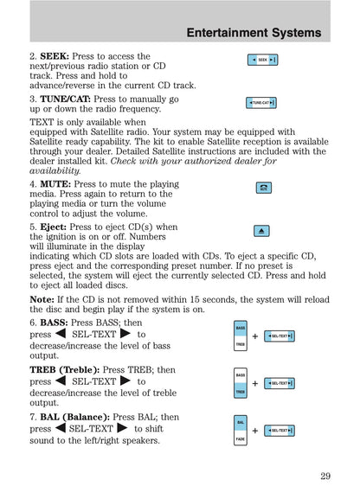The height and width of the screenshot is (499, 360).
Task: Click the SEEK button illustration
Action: coord(262,60)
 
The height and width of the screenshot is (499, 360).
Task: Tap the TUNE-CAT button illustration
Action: coord(260,103)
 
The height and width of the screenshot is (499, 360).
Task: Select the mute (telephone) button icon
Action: coord(263,188)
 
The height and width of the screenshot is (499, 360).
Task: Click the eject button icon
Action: coord(263,230)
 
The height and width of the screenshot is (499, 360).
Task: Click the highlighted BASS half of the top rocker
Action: coord(241,329)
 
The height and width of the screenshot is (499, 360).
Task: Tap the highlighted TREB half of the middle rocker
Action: coord(241,391)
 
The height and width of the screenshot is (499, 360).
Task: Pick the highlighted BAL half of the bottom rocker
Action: coord(241,422)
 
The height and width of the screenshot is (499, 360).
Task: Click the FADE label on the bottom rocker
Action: coord(241,438)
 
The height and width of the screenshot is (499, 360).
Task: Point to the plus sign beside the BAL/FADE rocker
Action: coord(255,431)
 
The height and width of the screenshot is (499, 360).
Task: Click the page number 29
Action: coord(325,475)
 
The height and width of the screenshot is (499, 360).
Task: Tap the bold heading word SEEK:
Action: coord(55,56)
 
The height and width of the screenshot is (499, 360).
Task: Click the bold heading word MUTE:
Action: coord(55,184)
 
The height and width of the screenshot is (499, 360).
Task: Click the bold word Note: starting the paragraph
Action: coord(42,299)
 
